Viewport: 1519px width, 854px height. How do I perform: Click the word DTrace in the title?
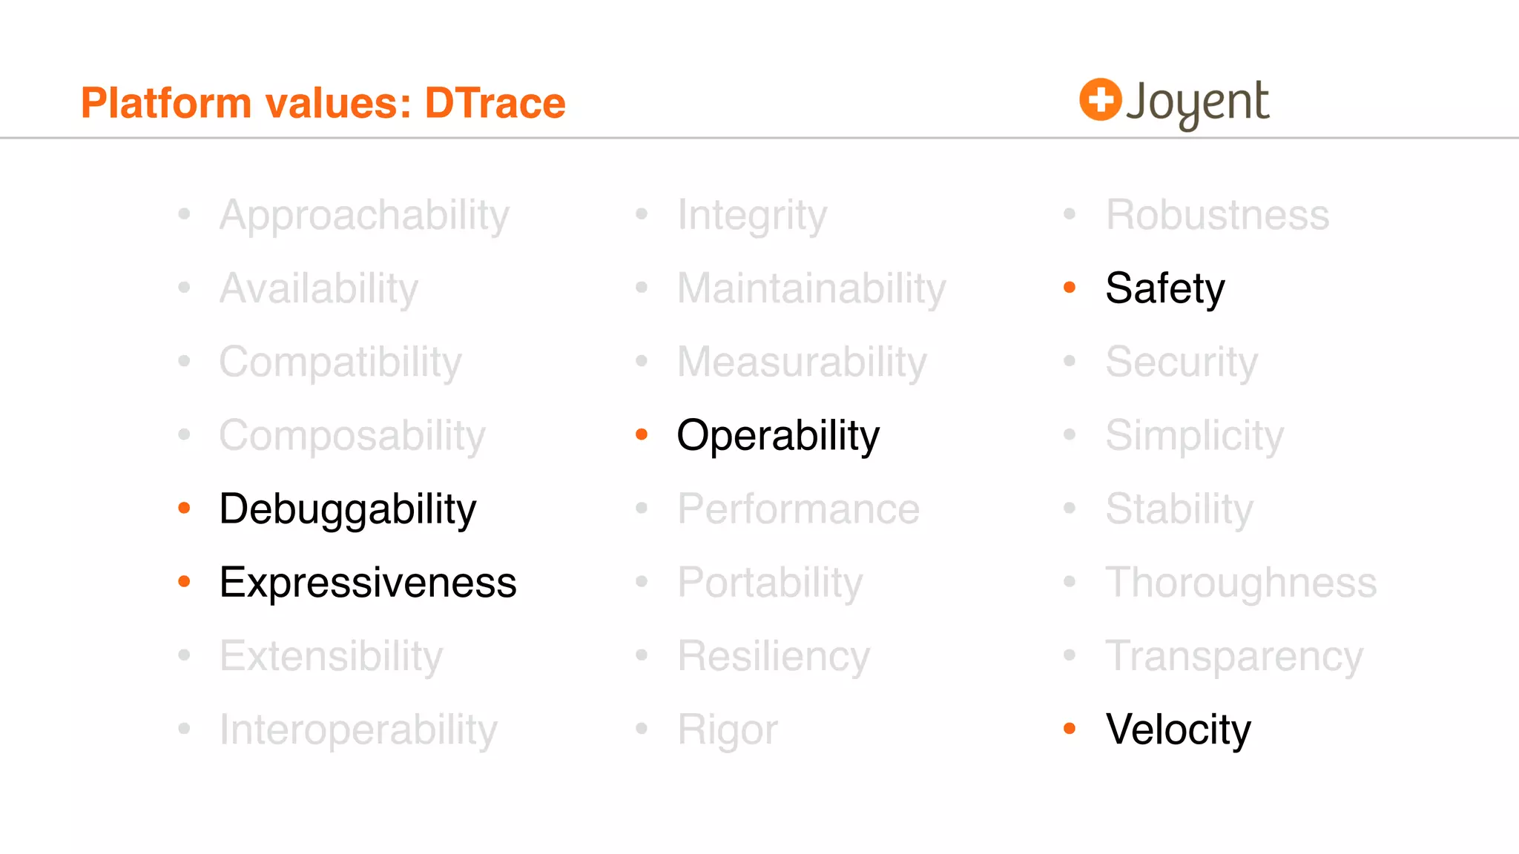click(495, 103)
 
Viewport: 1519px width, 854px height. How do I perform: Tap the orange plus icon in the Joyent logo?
click(1100, 99)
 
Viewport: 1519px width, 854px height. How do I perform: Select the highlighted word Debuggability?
click(347, 509)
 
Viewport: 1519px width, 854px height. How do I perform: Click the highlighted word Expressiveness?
click(367, 583)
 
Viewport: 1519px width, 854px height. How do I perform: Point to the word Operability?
click(778, 436)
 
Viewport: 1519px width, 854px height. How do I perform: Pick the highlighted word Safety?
click(1164, 288)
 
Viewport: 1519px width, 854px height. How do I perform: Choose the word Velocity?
click(1178, 729)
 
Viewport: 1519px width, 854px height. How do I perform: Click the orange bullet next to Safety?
click(1070, 288)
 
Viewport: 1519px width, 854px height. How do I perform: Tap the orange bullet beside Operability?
click(642, 434)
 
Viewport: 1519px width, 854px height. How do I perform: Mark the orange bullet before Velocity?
click(1070, 729)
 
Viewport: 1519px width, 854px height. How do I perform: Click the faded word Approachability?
click(364, 216)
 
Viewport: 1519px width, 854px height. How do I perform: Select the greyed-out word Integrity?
click(752, 216)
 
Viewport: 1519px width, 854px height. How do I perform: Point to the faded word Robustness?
click(1217, 215)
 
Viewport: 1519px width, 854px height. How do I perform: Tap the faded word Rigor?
click(728, 730)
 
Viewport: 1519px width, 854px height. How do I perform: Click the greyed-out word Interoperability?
click(358, 730)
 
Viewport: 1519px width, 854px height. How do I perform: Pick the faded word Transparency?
click(1234, 657)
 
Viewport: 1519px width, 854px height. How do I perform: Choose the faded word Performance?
click(798, 509)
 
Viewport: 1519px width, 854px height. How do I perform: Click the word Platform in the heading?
click(165, 103)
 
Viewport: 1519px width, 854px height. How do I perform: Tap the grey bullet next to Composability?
click(185, 434)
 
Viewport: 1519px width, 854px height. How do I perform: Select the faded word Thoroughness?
click(1241, 583)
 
